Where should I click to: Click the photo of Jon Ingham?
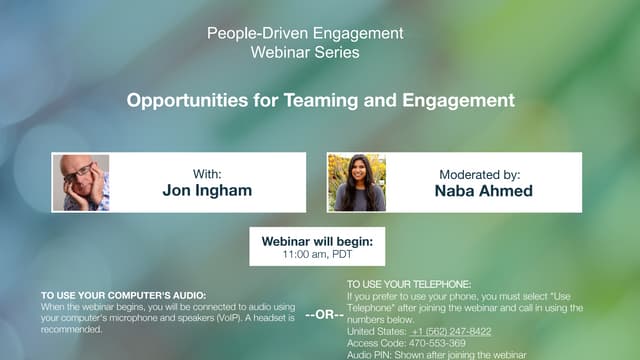[x=86, y=182]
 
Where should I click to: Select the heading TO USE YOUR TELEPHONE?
[x=407, y=285]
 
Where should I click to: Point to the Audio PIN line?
[x=436, y=353]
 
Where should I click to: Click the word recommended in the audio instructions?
[x=71, y=329]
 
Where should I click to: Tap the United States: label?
[x=376, y=331]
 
